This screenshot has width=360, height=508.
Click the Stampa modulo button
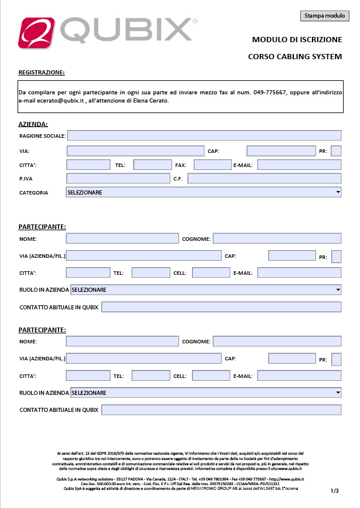[x=324, y=16]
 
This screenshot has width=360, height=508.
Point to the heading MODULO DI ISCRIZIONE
[x=296, y=40]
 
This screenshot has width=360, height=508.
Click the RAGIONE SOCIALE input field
[x=204, y=135]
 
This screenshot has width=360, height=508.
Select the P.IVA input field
[x=118, y=178]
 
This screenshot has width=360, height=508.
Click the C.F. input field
[x=264, y=178]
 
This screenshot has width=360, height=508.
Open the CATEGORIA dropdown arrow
[x=338, y=192]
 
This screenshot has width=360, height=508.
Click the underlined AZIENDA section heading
[x=33, y=124]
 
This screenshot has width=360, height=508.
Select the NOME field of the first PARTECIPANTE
[x=122, y=238]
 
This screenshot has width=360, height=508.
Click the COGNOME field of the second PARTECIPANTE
[x=277, y=342]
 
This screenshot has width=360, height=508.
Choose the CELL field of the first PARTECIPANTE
[x=211, y=272]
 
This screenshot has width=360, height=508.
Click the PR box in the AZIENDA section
[x=336, y=151]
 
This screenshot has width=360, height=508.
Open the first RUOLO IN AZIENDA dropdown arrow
[x=338, y=289]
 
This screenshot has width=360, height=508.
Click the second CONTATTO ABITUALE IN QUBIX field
[x=221, y=410]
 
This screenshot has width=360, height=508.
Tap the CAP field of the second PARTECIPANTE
[x=292, y=359]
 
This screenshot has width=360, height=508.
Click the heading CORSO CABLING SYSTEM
[x=294, y=57]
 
